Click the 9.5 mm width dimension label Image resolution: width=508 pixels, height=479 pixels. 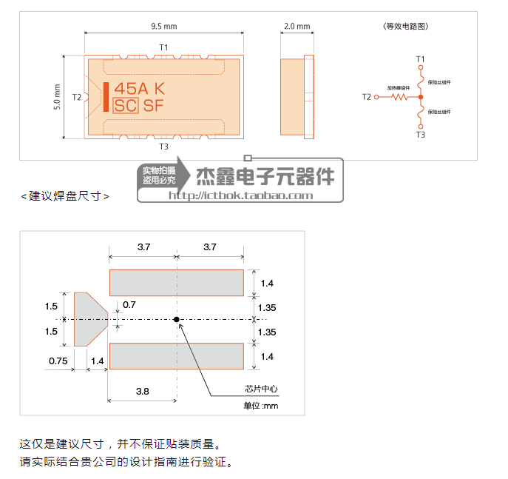(164, 27)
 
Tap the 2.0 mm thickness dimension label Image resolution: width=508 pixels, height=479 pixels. (297, 27)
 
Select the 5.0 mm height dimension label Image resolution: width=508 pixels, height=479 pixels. (57, 97)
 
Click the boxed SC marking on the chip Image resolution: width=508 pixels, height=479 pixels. (126, 106)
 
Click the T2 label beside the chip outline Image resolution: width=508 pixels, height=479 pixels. (77, 97)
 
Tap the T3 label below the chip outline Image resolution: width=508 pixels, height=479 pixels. (164, 147)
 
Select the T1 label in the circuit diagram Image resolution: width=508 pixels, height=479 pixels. (420, 58)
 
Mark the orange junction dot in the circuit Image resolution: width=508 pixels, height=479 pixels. (420, 97)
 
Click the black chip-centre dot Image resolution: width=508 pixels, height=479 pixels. (177, 320)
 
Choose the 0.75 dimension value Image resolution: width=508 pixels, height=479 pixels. (59, 361)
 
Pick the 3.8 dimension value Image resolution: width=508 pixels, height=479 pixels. (143, 390)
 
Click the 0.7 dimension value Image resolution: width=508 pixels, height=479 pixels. (129, 304)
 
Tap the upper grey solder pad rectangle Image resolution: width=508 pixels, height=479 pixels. (177, 283)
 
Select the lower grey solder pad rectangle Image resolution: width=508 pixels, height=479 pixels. (177, 356)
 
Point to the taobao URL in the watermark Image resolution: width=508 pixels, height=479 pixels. (241, 195)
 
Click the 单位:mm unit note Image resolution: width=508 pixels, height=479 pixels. (260, 406)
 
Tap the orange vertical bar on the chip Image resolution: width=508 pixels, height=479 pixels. (105, 97)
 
